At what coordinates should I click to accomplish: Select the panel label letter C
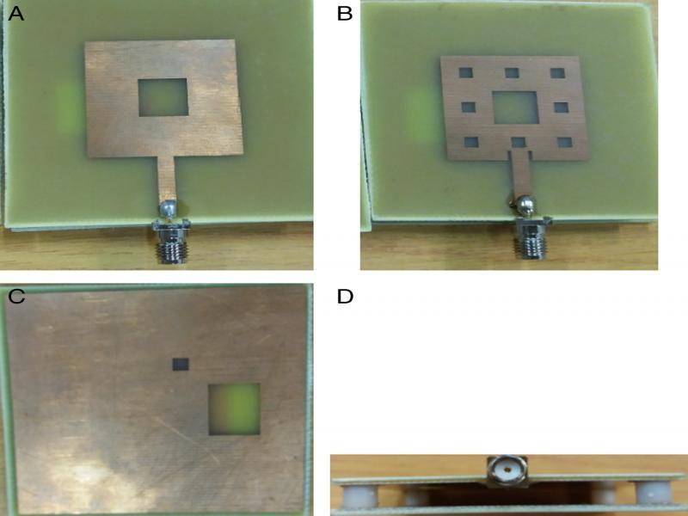[15, 297]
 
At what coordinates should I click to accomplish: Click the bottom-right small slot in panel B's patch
[563, 142]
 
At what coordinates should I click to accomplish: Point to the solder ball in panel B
[524, 206]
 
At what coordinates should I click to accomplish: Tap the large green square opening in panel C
[234, 408]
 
